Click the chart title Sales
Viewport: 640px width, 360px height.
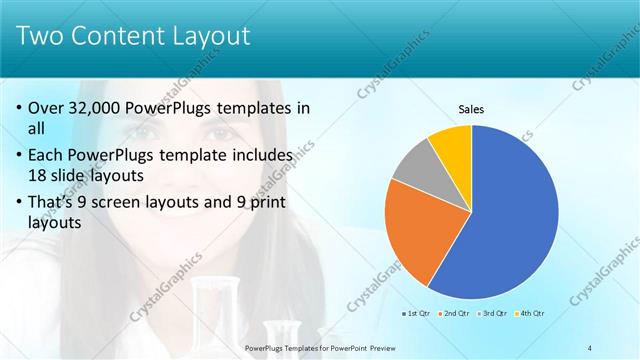pyautogui.click(x=471, y=109)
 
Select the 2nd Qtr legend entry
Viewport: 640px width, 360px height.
pyautogui.click(x=456, y=314)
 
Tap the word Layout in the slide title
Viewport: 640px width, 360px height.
pyautogui.click(x=204, y=37)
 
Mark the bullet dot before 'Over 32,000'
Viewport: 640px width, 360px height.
pyautogui.click(x=19, y=108)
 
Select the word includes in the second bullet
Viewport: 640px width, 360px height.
pyautogui.click(x=259, y=156)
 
